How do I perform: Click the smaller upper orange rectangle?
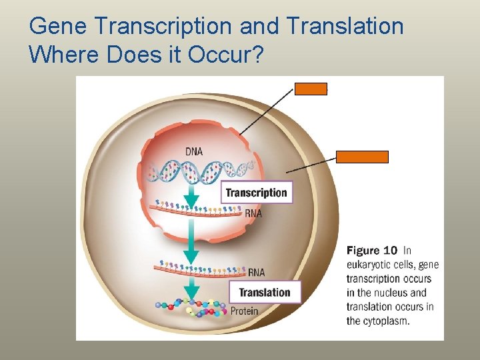tap(311, 89)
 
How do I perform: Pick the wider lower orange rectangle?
tap(361, 157)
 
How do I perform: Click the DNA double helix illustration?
tap(200, 171)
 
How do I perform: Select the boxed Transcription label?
tap(256, 193)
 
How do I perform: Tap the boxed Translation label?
tap(265, 292)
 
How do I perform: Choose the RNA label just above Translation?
tap(256, 272)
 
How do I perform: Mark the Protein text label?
tap(244, 311)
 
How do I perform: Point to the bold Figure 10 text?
tap(372, 251)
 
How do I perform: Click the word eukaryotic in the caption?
tap(372, 265)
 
